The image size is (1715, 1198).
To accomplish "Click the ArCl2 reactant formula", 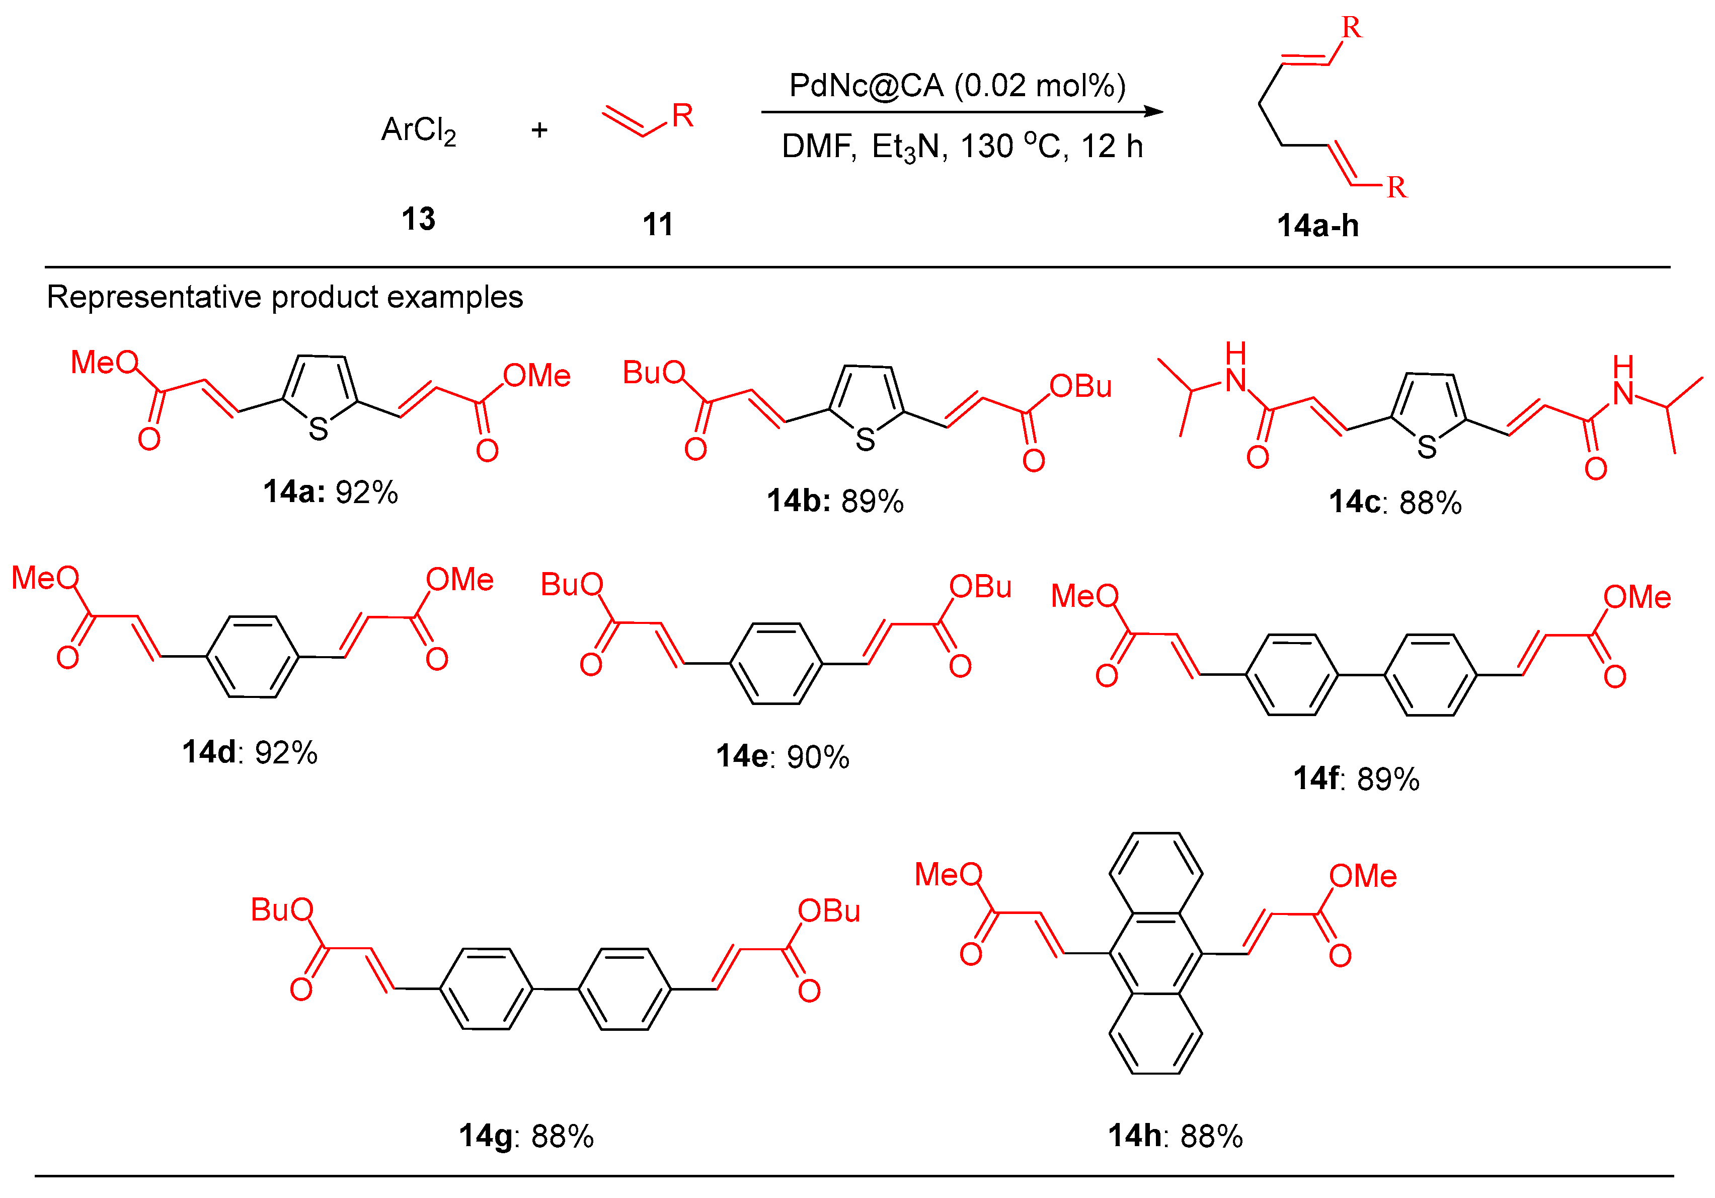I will tap(418, 131).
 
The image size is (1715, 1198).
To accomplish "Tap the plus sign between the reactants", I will tap(539, 131).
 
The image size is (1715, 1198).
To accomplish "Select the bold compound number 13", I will tap(418, 219).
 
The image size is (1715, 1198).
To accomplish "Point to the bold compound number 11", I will tap(657, 224).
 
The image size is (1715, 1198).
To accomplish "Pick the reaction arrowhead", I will tap(1153, 112).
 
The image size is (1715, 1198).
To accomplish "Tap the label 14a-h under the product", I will tap(1317, 226).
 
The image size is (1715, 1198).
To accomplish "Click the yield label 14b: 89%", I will tap(835, 501).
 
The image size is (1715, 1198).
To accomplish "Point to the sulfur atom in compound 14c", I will tap(1427, 447).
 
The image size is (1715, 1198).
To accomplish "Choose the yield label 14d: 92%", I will tap(250, 752).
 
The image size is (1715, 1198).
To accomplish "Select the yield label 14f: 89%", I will tap(1356, 779).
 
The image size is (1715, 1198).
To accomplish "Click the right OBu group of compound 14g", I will tap(829, 911).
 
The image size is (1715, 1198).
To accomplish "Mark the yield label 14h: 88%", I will tap(1175, 1136).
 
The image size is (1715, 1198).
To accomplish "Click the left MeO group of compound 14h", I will tap(949, 874).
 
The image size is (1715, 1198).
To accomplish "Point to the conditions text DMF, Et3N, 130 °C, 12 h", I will tap(962, 147).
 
